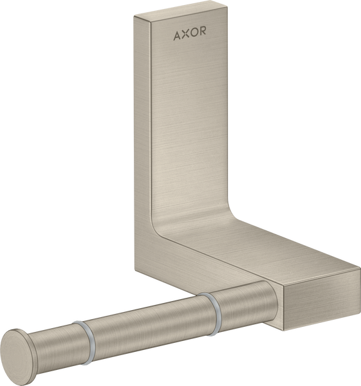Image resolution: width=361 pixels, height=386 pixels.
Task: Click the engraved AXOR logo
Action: pos(190,33)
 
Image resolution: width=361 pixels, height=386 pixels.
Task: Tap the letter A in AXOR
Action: pos(177,33)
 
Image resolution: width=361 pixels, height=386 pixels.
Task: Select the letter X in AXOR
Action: pos(185,33)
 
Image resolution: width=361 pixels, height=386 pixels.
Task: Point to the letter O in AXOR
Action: pos(194,33)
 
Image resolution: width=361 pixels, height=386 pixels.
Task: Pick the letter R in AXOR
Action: pos(203,33)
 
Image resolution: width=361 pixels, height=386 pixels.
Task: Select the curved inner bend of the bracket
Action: pos(169,222)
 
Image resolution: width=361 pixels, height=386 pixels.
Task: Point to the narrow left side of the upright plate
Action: pos(143,142)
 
